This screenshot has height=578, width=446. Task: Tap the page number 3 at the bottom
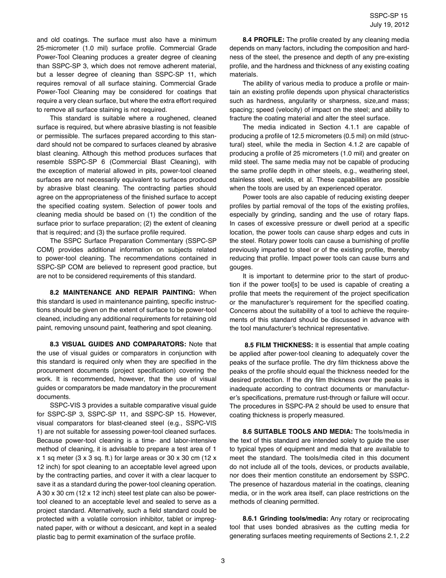tap(223, 561)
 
